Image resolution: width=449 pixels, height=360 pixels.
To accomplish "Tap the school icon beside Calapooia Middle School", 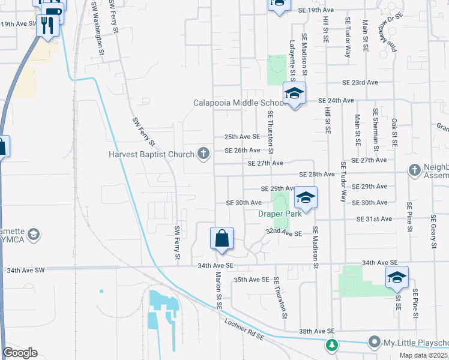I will pyautogui.click(x=294, y=94).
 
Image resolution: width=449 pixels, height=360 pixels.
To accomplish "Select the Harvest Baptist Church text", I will pyautogui.click(x=152, y=154).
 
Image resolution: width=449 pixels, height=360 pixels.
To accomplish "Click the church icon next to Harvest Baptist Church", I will pyautogui.click(x=204, y=154).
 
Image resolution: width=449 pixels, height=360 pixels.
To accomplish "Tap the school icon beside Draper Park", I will pyautogui.click(x=306, y=199).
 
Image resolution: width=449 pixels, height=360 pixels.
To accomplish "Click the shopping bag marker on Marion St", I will pyautogui.click(x=222, y=238).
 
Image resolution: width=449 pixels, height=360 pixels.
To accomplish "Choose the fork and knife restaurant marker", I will pyautogui.click(x=47, y=25).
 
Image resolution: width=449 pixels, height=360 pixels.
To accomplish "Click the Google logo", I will pyautogui.click(x=20, y=353).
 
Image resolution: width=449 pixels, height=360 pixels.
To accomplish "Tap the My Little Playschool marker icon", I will pyautogui.click(x=375, y=342).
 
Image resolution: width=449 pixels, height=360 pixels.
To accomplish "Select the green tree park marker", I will pyautogui.click(x=331, y=346).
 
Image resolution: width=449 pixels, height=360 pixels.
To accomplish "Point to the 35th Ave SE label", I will pyautogui.click(x=252, y=280).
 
